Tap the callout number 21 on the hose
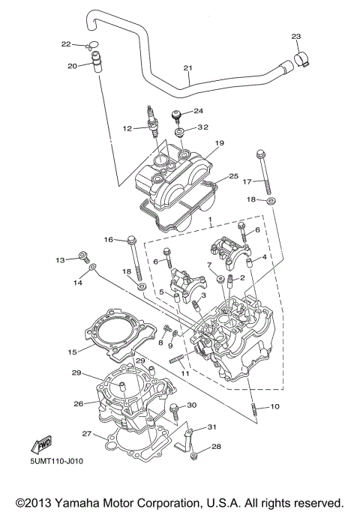(x=187, y=68)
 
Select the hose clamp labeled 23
(x=301, y=61)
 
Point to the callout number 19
(x=220, y=143)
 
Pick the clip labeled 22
(x=91, y=46)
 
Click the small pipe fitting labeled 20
(x=95, y=62)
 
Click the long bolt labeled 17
(x=264, y=172)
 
